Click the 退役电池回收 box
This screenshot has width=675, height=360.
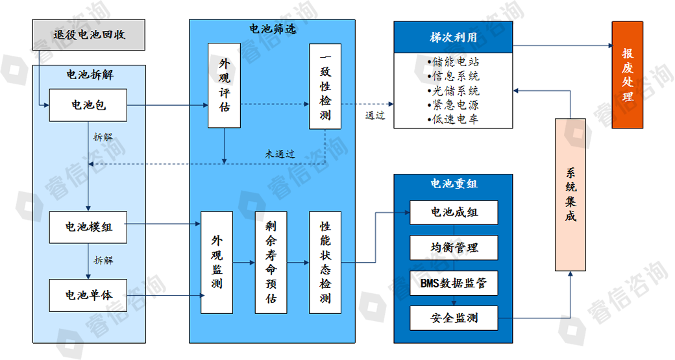(88, 35)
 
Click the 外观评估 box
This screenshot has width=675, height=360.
(224, 85)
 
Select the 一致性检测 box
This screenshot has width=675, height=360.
(325, 86)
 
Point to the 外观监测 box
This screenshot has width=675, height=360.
(217, 262)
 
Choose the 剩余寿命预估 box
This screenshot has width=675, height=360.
(271, 262)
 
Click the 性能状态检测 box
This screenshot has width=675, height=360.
(325, 262)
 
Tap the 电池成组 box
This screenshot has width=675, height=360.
(454, 213)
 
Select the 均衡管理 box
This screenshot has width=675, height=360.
(454, 248)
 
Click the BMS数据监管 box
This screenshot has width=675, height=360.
(454, 283)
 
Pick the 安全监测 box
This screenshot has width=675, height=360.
(454, 318)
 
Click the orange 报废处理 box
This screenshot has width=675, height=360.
(627, 75)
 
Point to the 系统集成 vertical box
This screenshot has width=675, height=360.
(571, 195)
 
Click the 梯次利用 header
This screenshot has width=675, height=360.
(453, 38)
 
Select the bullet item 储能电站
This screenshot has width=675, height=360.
(454, 62)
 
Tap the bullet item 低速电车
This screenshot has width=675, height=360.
(454, 119)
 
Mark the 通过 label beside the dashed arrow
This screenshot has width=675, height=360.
(374, 115)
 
